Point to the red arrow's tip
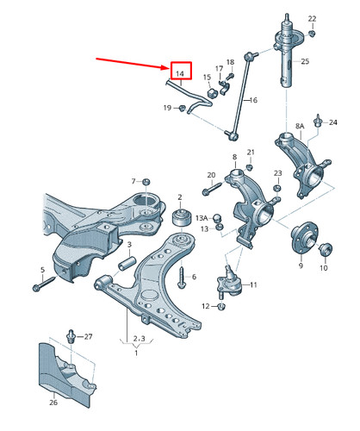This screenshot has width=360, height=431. click(170, 68)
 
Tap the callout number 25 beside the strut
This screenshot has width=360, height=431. click(305, 61)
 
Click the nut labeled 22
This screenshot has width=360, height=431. click(312, 34)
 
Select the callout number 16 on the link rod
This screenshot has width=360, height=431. click(253, 100)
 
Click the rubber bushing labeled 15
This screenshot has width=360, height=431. click(211, 93)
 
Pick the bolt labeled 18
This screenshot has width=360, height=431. click(230, 76)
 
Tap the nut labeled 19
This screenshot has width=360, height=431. click(182, 109)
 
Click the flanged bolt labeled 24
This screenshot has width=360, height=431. click(318, 122)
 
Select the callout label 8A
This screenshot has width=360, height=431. click(300, 126)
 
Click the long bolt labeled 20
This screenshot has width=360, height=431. click(212, 189)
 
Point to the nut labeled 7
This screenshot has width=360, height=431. click(146, 182)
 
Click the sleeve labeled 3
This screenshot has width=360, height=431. click(127, 263)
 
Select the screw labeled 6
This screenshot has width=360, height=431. click(182, 278)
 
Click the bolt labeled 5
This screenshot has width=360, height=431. click(44, 284)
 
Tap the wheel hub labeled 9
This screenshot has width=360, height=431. click(305, 237)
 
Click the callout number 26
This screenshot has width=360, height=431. click(53, 403)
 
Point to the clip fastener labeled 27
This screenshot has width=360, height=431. click(71, 336)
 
